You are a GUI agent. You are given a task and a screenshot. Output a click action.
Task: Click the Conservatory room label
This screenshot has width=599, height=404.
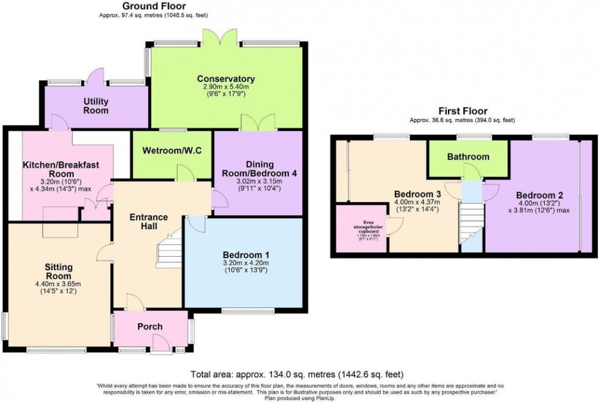tap(226, 79)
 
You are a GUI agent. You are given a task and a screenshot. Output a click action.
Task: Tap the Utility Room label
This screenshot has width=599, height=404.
tap(95, 105)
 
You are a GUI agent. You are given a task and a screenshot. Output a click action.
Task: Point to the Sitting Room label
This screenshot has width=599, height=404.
tap(59, 272)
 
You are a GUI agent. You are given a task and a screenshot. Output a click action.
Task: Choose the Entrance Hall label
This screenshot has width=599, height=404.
tap(149, 221)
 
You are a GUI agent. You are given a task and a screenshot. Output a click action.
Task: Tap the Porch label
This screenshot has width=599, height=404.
tap(150, 326)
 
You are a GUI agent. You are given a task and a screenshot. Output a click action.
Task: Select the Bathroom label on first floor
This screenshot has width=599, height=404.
tap(468, 156)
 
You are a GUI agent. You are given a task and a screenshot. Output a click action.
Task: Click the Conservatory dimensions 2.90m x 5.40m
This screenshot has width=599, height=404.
tap(226, 88)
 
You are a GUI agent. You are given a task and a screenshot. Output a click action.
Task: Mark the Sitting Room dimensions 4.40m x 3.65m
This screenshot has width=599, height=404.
tap(59, 283)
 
